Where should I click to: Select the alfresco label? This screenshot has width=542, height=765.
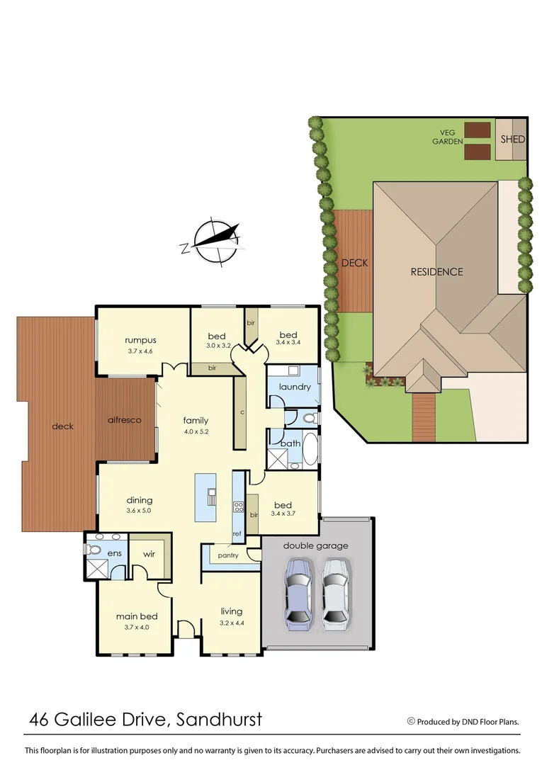coord(125,420)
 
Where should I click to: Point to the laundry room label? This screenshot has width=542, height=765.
coord(295,387)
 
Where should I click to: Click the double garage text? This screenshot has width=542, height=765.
coord(315,545)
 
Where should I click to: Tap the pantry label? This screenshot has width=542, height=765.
coord(228,556)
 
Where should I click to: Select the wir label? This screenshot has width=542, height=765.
coord(149,555)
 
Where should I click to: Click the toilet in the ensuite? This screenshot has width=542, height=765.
coord(94,549)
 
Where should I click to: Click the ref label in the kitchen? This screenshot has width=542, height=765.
coord(237,533)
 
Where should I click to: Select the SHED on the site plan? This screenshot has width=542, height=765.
coord(512,139)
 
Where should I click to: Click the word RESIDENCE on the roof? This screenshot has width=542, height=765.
coord(437,271)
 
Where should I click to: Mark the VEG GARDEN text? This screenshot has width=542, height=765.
coord(448,137)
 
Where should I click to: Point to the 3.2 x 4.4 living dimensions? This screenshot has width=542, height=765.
coord(231,623)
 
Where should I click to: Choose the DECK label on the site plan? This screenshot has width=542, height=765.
coord(354,263)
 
